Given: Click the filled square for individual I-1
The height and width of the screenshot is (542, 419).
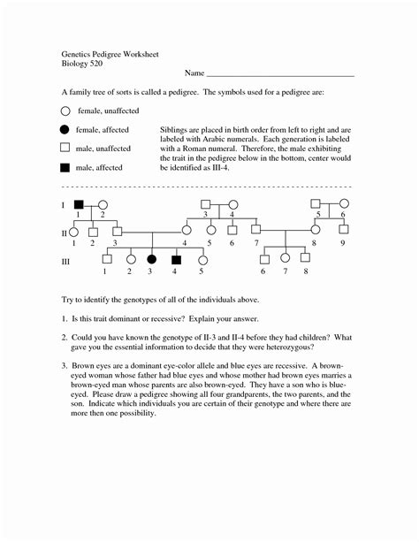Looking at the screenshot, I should point(78,204).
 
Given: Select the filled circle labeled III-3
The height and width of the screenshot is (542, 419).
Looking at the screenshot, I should point(151,260).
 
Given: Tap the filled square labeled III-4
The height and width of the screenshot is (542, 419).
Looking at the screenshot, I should point(176,260).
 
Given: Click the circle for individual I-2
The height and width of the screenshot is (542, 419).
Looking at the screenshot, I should point(103,204).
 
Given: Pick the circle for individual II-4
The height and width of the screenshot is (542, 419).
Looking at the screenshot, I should point(186,232).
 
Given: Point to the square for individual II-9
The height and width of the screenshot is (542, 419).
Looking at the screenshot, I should point(343,232).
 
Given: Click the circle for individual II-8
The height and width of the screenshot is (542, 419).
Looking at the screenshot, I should point(314,232).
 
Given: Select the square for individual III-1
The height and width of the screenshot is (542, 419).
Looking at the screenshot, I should point(105,260).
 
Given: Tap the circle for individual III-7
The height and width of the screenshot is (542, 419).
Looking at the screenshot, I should point(285,260).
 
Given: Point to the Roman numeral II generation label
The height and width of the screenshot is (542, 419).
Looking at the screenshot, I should point(65,233).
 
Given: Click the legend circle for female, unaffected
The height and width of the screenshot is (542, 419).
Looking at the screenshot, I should point(65,112).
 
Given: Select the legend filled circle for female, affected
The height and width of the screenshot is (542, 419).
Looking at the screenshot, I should point(65,130).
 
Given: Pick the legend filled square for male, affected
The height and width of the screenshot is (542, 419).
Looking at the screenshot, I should point(65,167).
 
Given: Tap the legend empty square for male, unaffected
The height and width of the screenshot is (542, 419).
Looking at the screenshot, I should point(65,149).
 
